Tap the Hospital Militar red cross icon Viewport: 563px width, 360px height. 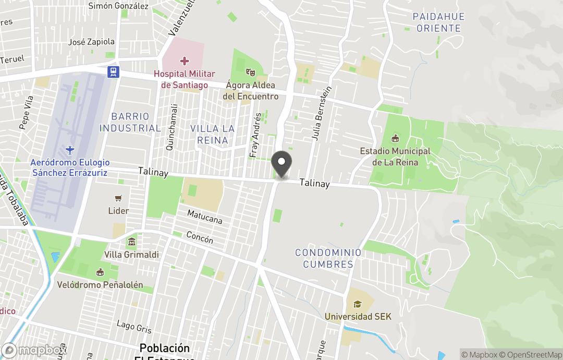tap(185, 62)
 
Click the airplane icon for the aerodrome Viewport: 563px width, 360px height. tap(70, 150)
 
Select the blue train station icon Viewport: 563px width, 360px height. tap(113, 72)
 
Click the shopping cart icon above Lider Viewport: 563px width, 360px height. tap(118, 198)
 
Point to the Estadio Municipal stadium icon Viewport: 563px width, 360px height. tap(395, 139)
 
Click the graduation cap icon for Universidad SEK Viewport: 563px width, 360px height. tap(358, 304)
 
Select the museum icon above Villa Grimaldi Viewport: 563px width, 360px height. tap(131, 242)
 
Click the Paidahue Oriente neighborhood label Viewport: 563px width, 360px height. tap(438, 22)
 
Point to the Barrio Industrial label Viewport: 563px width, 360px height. tap(130, 122)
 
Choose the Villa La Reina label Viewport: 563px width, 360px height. tap(212, 134)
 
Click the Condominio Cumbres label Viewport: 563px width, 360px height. tap(328, 258)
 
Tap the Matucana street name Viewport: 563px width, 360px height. tap(205, 217)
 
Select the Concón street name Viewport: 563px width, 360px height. tap(199, 238)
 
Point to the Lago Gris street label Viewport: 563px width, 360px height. tap(134, 327)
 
